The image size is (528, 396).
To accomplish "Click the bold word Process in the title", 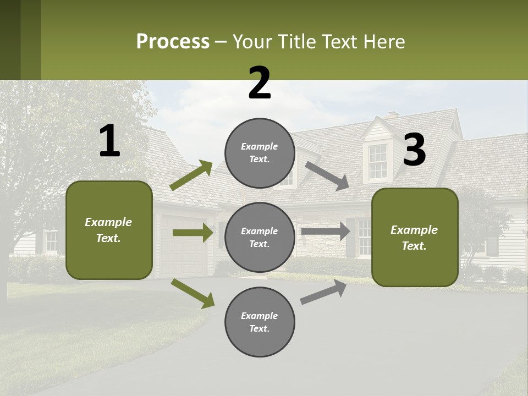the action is pos(173,41).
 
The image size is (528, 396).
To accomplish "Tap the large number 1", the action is pos(109,141).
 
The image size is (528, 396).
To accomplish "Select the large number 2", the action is pos(260,83).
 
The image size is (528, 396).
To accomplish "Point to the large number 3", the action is pos(414,150).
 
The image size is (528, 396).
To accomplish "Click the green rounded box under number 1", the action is pos(109,230).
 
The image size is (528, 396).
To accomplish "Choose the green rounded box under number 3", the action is pos(415,237).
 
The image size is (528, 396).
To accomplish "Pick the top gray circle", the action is pos(260,153).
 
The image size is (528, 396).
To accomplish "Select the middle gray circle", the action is pos(260,237).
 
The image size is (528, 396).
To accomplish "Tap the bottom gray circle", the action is pos(260,322).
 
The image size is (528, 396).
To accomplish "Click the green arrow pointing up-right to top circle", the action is pos(191,175).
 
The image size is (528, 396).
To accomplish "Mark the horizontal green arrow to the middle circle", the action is pos(193,233).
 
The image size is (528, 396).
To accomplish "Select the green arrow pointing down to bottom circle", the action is pos(193,293).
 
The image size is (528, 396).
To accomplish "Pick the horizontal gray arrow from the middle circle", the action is pos(325,231).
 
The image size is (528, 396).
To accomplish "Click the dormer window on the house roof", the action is pos(377,161).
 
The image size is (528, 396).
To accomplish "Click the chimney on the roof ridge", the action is pos(392,114).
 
